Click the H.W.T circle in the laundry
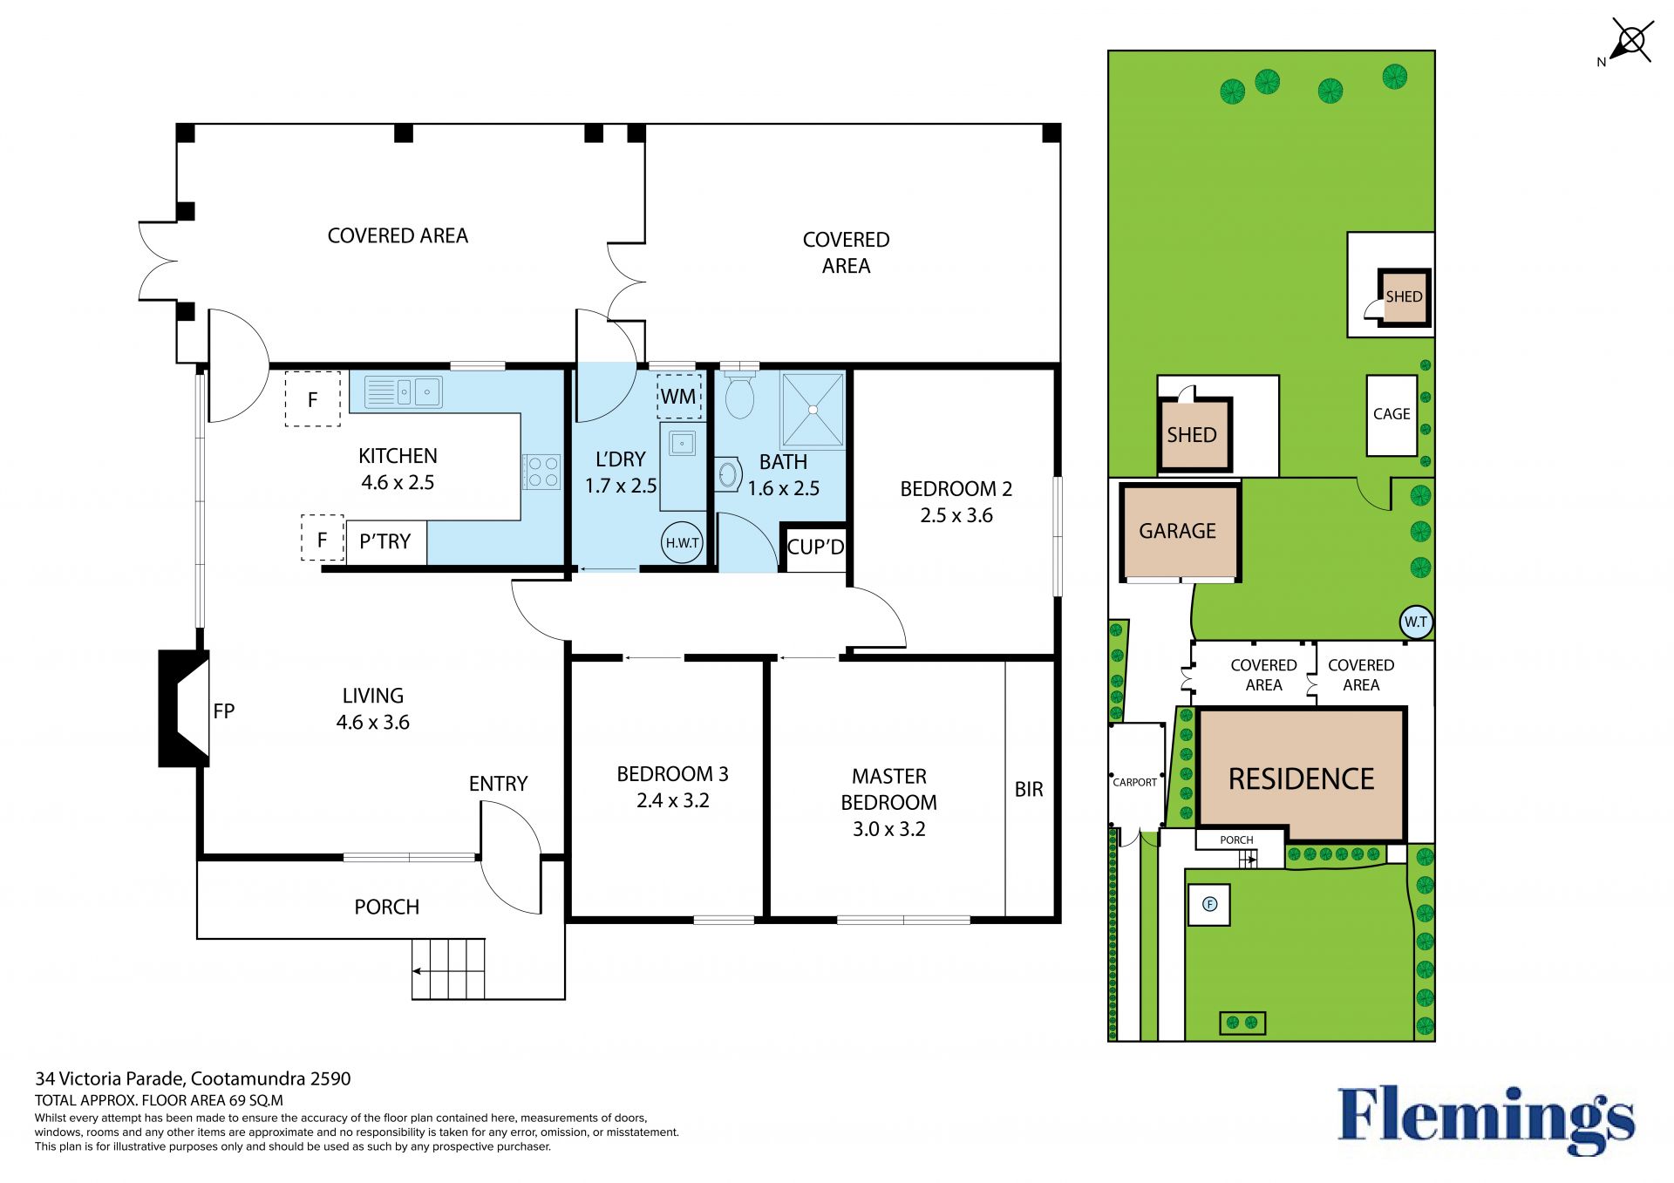tap(682, 542)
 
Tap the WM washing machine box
tap(678, 397)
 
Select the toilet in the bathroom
tap(739, 394)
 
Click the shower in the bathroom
tap(813, 409)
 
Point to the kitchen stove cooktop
tap(541, 472)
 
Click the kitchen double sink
tap(404, 392)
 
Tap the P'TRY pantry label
tap(384, 541)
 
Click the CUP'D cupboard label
tap(815, 547)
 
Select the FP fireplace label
tap(224, 711)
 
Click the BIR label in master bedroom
tap(1029, 789)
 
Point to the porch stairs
tap(448, 969)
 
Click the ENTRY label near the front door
tap(498, 784)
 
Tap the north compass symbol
tap(1628, 42)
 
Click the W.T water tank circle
tap(1416, 622)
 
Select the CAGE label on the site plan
tap(1392, 414)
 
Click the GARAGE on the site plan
tap(1179, 531)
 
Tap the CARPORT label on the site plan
tap(1135, 782)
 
